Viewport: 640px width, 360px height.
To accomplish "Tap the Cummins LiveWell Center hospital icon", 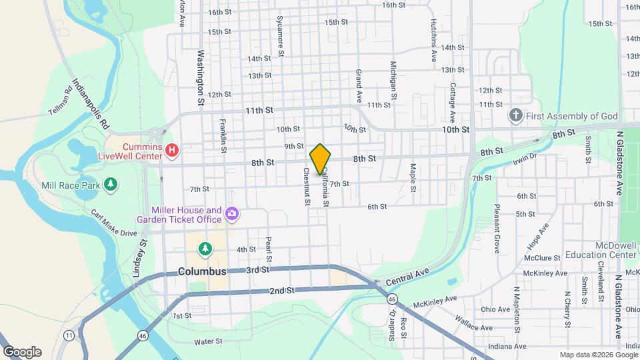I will click(x=171, y=151).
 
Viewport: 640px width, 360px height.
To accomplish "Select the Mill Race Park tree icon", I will click(x=111, y=183).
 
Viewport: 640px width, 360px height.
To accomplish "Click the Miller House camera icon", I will click(x=232, y=214).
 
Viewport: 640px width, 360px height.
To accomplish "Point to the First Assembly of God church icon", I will click(x=515, y=116).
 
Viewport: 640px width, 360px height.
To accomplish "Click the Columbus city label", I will click(x=202, y=272).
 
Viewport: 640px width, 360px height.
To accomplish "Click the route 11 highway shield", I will click(x=69, y=335).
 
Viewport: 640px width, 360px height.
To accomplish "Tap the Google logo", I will click(x=21, y=351).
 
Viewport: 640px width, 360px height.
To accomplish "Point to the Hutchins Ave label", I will click(x=433, y=39).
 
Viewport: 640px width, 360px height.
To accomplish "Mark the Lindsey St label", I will click(x=143, y=251).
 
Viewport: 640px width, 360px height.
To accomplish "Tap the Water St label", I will click(x=207, y=341).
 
